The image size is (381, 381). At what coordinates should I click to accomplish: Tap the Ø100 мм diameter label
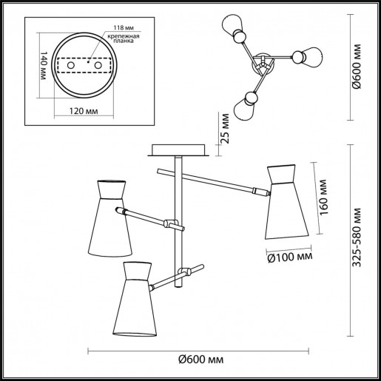(289, 257)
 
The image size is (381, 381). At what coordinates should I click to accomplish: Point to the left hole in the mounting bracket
(71, 65)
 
